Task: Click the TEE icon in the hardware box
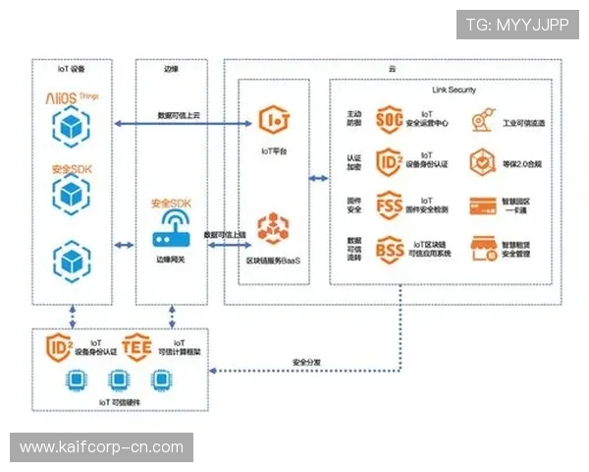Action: pos(137,347)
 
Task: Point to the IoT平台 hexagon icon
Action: pos(274,121)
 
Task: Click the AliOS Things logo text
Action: pos(73,97)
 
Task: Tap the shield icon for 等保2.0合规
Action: pos(481,161)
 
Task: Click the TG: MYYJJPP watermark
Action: pos(517,25)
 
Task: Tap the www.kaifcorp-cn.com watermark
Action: pos(102,447)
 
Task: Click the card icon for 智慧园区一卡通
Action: pos(481,206)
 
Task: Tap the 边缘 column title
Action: pos(171,69)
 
